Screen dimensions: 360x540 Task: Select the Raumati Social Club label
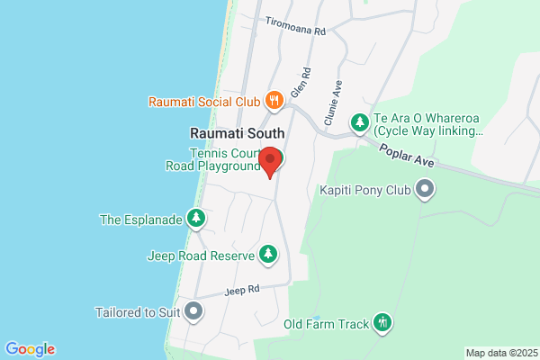click(x=204, y=101)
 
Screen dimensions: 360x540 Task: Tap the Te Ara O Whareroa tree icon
click(x=359, y=121)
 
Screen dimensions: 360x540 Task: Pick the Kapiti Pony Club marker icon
click(x=425, y=190)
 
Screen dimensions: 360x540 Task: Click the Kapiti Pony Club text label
click(x=364, y=190)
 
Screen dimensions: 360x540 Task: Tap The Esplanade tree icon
click(x=195, y=218)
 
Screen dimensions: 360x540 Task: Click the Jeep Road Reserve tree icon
click(x=267, y=256)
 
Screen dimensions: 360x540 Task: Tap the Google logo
click(x=30, y=349)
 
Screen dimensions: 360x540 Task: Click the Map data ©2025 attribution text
click(x=499, y=353)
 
